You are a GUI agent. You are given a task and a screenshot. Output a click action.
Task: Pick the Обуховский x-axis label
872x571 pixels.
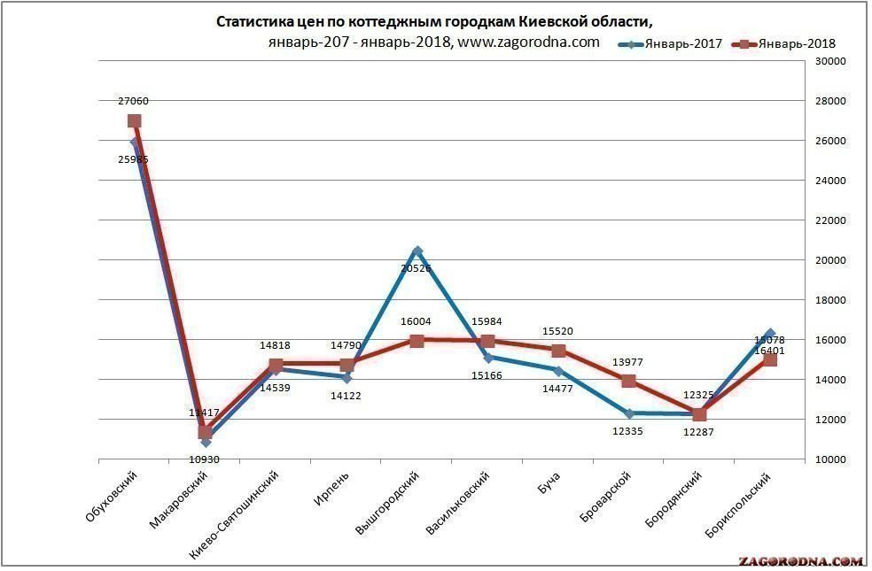coord(115,498)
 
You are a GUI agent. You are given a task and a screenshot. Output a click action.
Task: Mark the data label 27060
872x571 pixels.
coord(134,102)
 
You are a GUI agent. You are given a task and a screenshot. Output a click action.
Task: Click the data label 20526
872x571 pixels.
coord(416,267)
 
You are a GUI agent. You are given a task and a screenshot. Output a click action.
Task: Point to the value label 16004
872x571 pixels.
coord(416,323)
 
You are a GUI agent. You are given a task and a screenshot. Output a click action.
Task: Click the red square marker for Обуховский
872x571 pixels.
coord(134,121)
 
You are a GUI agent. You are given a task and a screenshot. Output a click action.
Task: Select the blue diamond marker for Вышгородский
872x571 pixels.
coord(417,251)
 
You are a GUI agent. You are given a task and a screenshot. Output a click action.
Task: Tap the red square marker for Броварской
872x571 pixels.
coord(629,382)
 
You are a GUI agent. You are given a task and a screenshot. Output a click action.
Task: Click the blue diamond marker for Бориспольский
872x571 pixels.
coord(769,334)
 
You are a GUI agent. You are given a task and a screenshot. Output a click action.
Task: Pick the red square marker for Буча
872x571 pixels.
coord(558,351)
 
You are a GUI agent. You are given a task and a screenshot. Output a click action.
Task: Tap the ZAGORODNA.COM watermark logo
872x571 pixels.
coord(800,561)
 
